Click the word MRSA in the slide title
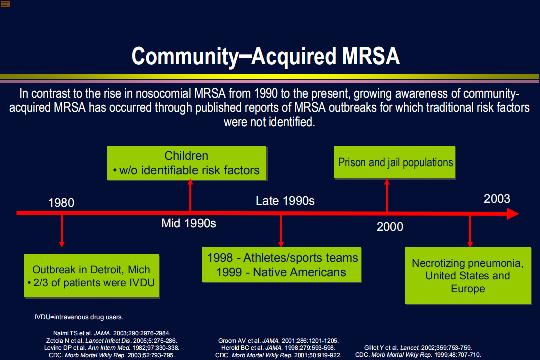click(x=371, y=56)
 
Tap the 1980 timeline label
click(x=61, y=203)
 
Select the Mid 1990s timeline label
click(x=189, y=223)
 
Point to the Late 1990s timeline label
click(x=285, y=201)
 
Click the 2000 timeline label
click(x=390, y=227)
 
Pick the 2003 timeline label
click(x=497, y=199)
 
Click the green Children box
click(x=187, y=163)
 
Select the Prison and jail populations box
click(x=394, y=162)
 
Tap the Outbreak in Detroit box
click(x=92, y=276)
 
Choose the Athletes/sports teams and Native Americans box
click(x=281, y=265)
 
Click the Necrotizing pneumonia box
click(x=468, y=275)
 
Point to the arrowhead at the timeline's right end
click(x=518, y=213)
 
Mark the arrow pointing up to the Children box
click(x=190, y=195)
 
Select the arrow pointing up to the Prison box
click(x=387, y=195)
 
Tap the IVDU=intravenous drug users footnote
click(x=79, y=317)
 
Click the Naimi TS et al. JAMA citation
click(x=112, y=333)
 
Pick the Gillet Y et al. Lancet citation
click(x=418, y=348)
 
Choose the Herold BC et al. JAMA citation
click(x=278, y=348)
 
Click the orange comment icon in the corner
click(x=5, y=4)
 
